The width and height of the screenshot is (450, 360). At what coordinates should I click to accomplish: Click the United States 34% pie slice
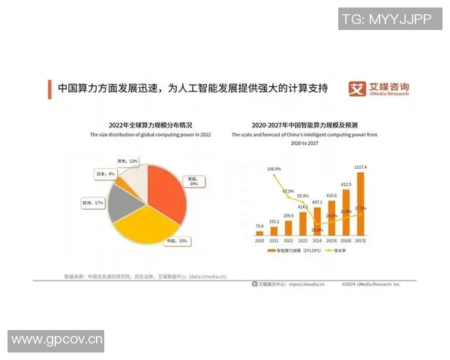tap(166, 196)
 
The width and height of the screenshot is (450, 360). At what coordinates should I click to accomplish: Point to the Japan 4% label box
tap(106, 174)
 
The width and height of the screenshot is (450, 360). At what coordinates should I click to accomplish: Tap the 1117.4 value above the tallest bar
tap(360, 167)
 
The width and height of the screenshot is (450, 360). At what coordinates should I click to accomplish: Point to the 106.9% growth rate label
tap(274, 169)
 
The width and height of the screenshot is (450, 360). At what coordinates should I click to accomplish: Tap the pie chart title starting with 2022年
tap(150, 124)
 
